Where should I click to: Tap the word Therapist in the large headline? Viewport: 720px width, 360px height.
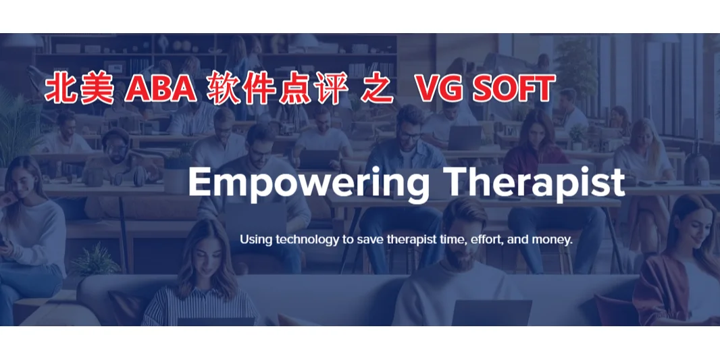(x=536, y=183)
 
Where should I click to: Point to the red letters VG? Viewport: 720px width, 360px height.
(x=435, y=89)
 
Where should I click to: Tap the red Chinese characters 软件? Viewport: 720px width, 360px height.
(x=234, y=89)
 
